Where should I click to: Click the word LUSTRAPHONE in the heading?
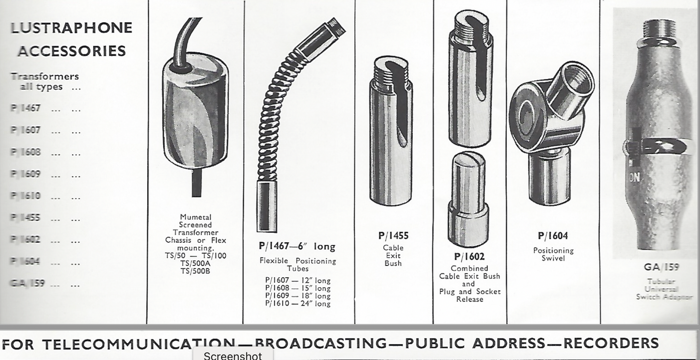(71, 28)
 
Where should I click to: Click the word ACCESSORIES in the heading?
(72, 50)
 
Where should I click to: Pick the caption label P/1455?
(393, 236)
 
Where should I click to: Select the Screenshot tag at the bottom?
(233, 356)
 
